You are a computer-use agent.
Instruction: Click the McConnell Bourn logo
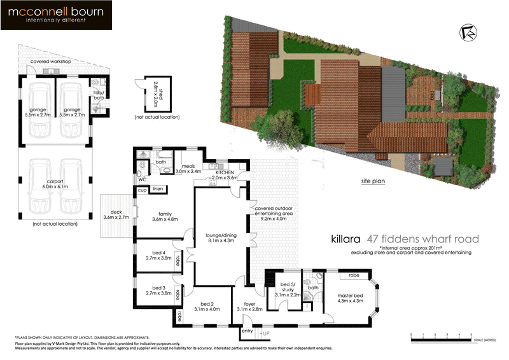57,16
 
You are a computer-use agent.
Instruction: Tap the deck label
116,214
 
